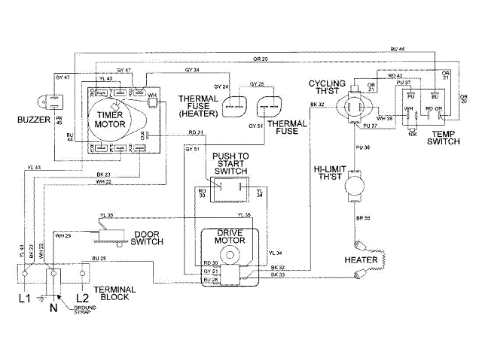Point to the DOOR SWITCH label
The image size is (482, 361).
click(x=150, y=237)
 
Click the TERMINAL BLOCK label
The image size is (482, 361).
click(x=114, y=293)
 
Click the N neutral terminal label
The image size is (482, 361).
click(x=52, y=307)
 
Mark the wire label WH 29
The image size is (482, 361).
click(x=63, y=236)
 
